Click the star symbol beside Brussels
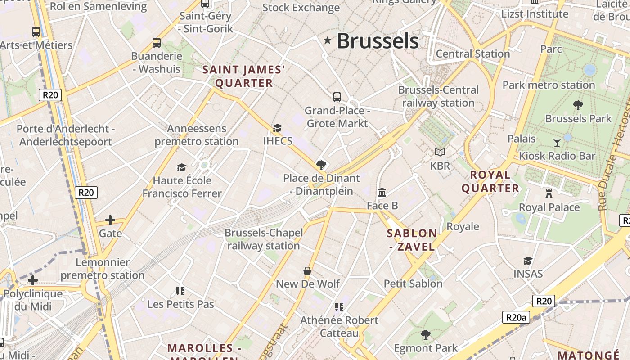click(328, 41)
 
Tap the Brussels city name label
click(378, 41)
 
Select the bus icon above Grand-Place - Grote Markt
click(337, 97)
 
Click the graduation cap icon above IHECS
click(277, 128)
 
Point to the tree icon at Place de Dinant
click(321, 165)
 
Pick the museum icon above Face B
click(382, 192)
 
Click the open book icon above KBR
click(440, 153)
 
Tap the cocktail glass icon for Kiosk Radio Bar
click(557, 143)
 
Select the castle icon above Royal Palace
click(549, 194)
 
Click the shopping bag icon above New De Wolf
click(307, 270)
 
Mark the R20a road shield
click(516, 317)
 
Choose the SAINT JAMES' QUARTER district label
click(244, 76)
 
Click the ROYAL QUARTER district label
click(490, 181)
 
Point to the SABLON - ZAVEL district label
click(412, 240)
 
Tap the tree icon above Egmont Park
click(425, 335)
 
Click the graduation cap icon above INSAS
click(528, 261)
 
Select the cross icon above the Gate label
click(110, 220)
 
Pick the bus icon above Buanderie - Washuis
click(157, 43)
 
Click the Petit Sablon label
click(413, 283)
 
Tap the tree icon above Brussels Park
click(578, 105)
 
